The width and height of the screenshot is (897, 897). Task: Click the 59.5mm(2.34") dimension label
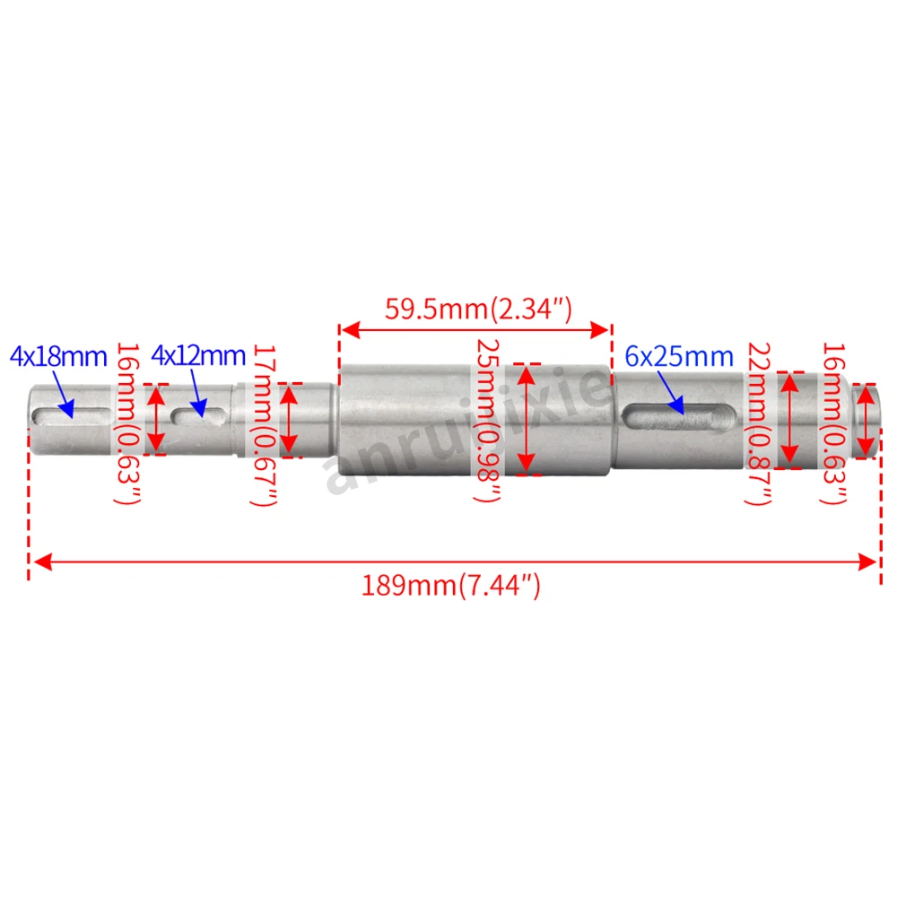(478, 309)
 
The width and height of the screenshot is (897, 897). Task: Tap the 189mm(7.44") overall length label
(451, 585)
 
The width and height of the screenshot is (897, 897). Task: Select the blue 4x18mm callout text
(58, 356)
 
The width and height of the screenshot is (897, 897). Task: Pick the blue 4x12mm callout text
(198, 356)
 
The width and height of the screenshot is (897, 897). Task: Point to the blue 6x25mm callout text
(679, 356)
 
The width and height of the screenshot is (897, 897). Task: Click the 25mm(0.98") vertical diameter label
(489, 421)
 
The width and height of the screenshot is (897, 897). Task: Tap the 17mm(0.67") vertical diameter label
(265, 425)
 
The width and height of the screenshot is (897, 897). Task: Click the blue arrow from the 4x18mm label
(64, 395)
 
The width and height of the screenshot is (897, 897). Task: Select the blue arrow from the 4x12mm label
(198, 394)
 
